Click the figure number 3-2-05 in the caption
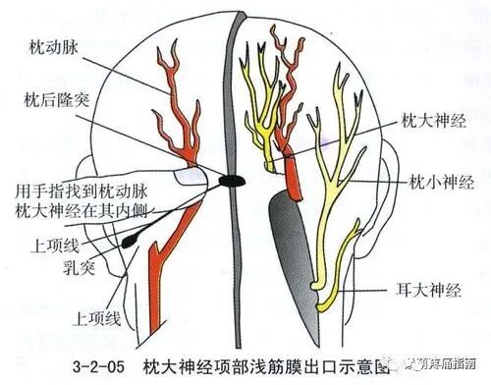(x=102, y=365)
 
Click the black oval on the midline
(x=232, y=181)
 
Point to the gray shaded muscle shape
(x=291, y=250)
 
